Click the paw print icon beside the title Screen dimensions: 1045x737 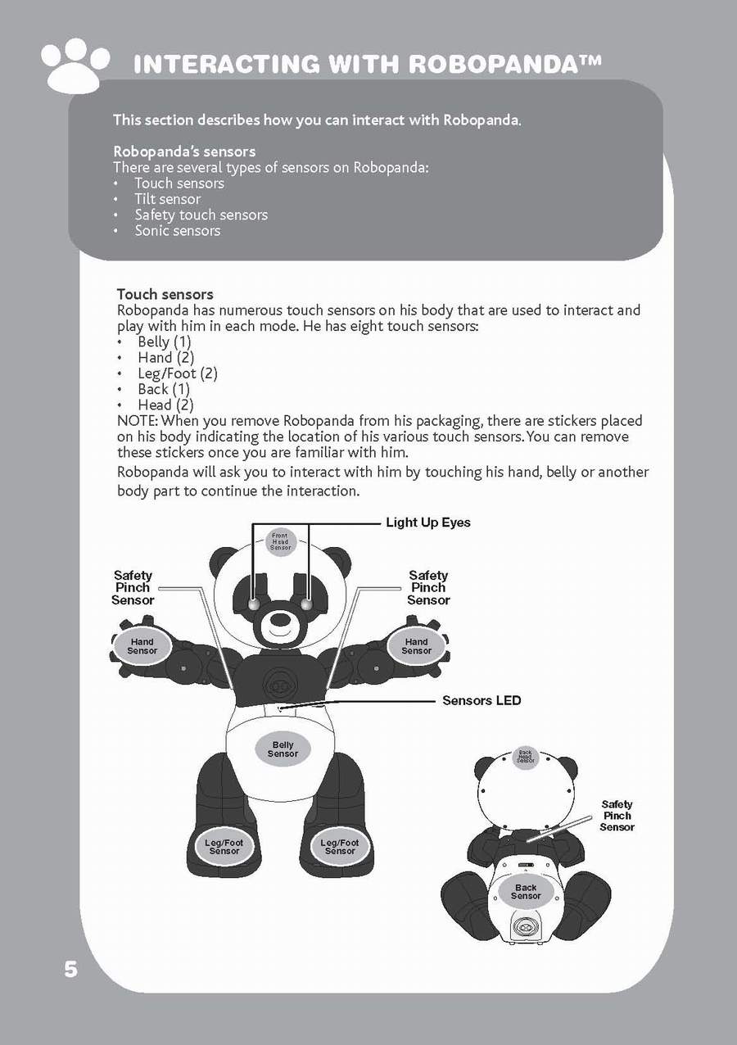coord(75,65)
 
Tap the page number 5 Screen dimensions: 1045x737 coord(71,970)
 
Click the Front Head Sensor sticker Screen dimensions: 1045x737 coord(281,541)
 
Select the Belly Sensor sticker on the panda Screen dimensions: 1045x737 coord(283,749)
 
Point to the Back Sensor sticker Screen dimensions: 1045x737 coord(526,892)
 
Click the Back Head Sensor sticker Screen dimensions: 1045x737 coord(526,756)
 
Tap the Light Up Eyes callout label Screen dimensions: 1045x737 coord(428,522)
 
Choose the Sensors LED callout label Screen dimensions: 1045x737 coord(482,700)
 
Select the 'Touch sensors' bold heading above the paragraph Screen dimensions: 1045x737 coord(165,294)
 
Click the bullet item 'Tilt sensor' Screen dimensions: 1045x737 coord(167,199)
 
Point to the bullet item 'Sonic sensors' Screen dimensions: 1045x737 coord(177,231)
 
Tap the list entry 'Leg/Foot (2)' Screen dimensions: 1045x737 coord(177,373)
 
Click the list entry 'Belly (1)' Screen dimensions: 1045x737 coord(164,342)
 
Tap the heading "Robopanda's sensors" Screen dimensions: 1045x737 coord(184,152)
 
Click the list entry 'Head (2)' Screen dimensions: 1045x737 coord(165,405)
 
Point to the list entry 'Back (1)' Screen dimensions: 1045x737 coord(163,389)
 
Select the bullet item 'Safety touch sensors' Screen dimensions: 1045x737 coord(201,215)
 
